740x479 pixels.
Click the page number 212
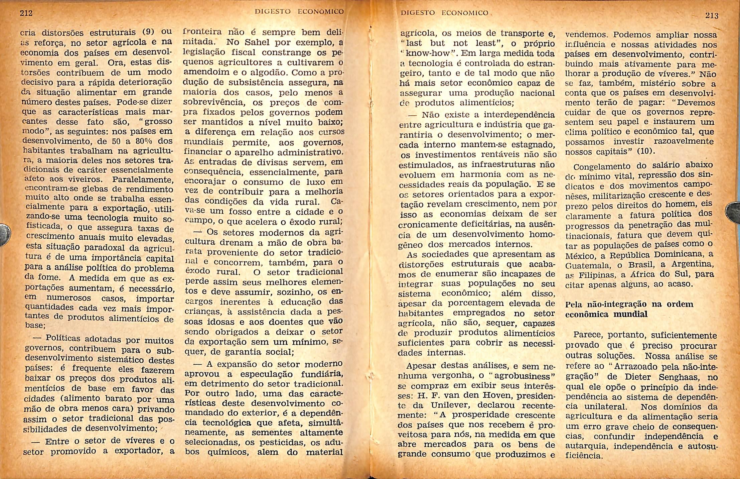26,13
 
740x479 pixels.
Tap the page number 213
712,15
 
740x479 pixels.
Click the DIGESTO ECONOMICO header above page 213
444,13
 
